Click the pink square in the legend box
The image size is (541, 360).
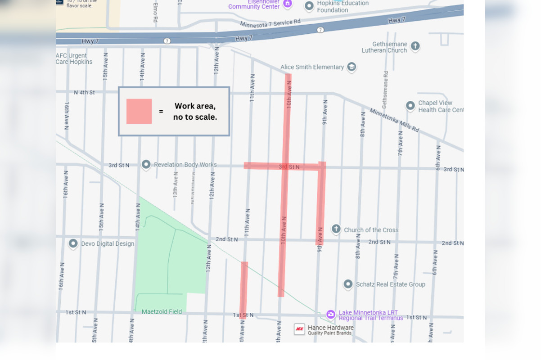(139, 111)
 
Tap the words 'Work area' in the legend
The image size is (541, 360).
(195, 106)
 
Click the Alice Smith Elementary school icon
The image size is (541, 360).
(352, 67)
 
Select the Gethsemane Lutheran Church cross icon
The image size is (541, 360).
(415, 46)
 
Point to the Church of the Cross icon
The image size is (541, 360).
(336, 229)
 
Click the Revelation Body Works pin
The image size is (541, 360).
(146, 164)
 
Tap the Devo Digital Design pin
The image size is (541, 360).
(73, 243)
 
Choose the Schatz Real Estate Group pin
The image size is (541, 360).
(348, 284)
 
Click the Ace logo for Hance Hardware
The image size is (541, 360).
(299, 329)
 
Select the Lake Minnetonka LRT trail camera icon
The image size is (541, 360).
(331, 314)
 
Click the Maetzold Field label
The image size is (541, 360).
(162, 311)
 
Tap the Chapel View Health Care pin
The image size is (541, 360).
(410, 106)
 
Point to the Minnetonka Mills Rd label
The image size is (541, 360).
(394, 120)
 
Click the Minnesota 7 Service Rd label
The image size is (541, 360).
(270, 23)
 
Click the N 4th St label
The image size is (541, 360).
(84, 93)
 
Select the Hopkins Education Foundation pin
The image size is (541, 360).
(309, 6)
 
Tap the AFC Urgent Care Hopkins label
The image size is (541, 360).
(74, 59)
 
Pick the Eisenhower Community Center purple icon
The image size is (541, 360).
(288, 4)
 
